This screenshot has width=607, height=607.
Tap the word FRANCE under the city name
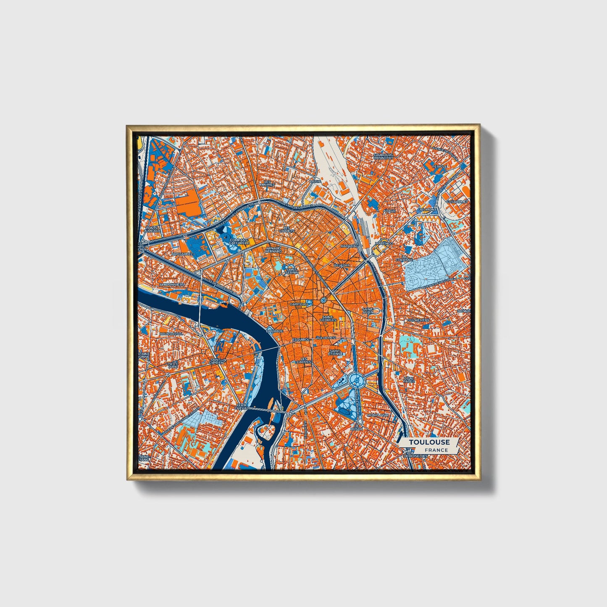click(x=436, y=450)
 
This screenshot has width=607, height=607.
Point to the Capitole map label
click(x=299, y=304)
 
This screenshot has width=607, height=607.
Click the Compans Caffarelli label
click(x=239, y=242)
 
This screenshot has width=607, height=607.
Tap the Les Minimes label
click(x=267, y=183)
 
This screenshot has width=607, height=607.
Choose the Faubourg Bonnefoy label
click(x=384, y=156)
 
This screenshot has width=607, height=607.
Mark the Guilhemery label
click(x=418, y=320)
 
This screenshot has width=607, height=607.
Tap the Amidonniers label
click(x=172, y=284)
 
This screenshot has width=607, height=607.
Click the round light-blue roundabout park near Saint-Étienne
click(x=355, y=380)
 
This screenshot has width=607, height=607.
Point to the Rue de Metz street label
click(x=326, y=337)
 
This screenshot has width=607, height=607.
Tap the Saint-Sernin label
click(x=292, y=271)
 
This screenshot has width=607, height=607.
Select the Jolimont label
click(x=427, y=209)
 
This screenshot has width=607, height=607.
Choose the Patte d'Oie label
click(x=173, y=365)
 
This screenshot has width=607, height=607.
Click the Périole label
click(x=440, y=166)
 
